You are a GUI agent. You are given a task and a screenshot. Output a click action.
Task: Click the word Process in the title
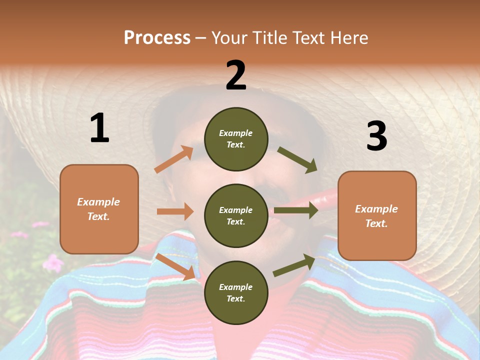click(x=157, y=38)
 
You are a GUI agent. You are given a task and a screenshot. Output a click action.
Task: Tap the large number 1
click(x=99, y=128)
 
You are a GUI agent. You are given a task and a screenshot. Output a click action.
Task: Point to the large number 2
click(x=236, y=75)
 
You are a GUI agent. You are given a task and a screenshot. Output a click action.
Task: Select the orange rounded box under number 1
click(x=99, y=209)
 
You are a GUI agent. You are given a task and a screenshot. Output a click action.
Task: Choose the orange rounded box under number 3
click(x=377, y=215)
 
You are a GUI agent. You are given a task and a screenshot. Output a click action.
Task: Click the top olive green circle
click(x=236, y=139)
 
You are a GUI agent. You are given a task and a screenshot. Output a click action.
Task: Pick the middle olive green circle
click(x=236, y=215)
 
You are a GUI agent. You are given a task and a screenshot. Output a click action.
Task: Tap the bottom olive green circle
click(x=236, y=292)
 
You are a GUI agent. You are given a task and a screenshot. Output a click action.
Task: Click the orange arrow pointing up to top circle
click(x=174, y=159)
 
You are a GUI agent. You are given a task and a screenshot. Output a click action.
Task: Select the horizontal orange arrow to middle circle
click(x=175, y=211)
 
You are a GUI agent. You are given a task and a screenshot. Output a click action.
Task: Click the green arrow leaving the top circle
click(x=297, y=159)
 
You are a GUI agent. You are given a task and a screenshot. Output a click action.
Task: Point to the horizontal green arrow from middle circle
click(x=295, y=210)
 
